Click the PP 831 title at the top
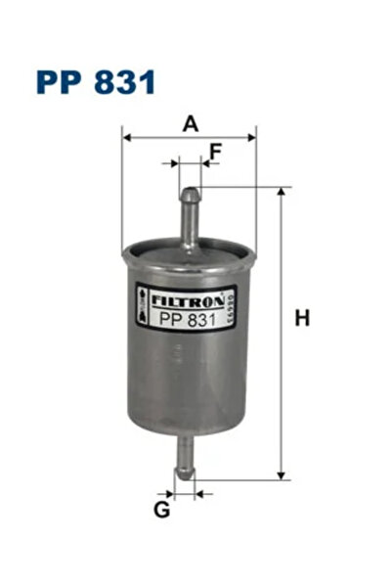pyautogui.click(x=95, y=81)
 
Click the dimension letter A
pyautogui.click(x=191, y=123)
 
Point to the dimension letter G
pyautogui.click(x=161, y=509)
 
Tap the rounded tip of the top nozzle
pyautogui.click(x=190, y=192)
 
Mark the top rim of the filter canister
pyautogui.click(x=190, y=250)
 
